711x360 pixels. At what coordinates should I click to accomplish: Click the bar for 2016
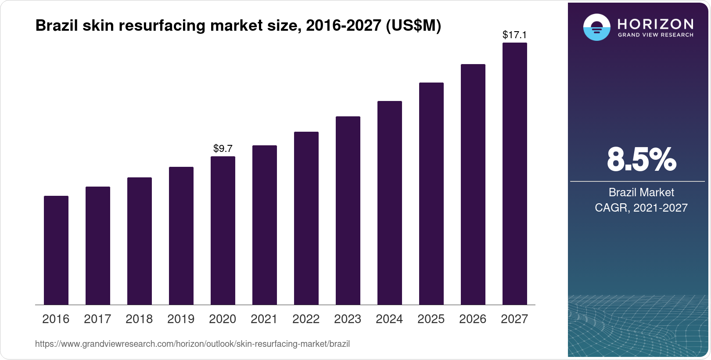(x=56, y=250)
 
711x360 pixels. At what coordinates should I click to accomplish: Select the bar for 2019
(x=181, y=236)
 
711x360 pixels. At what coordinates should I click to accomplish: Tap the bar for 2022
(x=306, y=218)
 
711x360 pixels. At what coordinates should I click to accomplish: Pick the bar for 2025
(x=431, y=194)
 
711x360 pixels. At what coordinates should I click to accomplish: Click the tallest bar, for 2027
(x=515, y=174)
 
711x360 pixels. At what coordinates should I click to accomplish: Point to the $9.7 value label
(x=223, y=148)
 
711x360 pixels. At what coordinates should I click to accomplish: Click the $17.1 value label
(x=515, y=35)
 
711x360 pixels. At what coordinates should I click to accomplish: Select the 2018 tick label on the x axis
(x=139, y=319)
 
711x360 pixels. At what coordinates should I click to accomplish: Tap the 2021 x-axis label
(x=264, y=319)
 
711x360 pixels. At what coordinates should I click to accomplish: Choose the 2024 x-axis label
(x=389, y=319)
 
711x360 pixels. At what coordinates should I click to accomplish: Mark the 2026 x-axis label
(x=473, y=319)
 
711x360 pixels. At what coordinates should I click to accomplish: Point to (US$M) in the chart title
(x=413, y=26)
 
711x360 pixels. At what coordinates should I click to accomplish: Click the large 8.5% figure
(x=641, y=159)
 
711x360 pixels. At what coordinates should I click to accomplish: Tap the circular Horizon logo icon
(x=597, y=27)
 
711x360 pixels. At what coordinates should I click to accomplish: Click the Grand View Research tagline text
(x=656, y=35)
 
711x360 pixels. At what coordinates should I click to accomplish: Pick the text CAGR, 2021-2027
(x=641, y=208)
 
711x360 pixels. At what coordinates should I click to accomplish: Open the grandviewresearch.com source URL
(x=192, y=344)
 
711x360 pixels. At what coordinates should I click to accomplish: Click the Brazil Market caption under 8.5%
(x=641, y=192)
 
